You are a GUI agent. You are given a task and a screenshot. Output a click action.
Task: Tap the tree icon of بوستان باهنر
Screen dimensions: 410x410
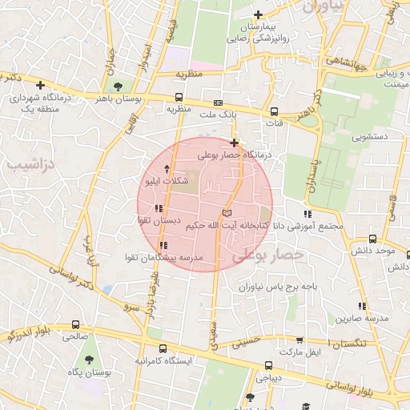point(119,86)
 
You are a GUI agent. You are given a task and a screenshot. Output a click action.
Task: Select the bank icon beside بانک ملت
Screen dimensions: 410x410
point(218,103)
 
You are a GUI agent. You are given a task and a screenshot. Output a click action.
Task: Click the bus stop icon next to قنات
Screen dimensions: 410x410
point(274,112)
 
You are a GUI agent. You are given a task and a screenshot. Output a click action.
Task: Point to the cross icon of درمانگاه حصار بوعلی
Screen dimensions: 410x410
point(234,143)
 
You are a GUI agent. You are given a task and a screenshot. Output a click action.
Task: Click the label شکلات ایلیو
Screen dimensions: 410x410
point(166,182)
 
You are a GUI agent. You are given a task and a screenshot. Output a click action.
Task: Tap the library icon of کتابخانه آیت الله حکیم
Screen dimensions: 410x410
point(227,213)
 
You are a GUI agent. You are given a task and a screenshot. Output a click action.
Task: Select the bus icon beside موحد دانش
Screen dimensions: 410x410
point(373,239)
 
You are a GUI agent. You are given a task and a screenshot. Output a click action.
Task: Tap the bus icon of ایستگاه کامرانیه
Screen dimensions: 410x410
point(163,349)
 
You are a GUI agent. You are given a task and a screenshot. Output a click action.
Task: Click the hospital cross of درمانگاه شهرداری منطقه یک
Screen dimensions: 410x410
point(40,84)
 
